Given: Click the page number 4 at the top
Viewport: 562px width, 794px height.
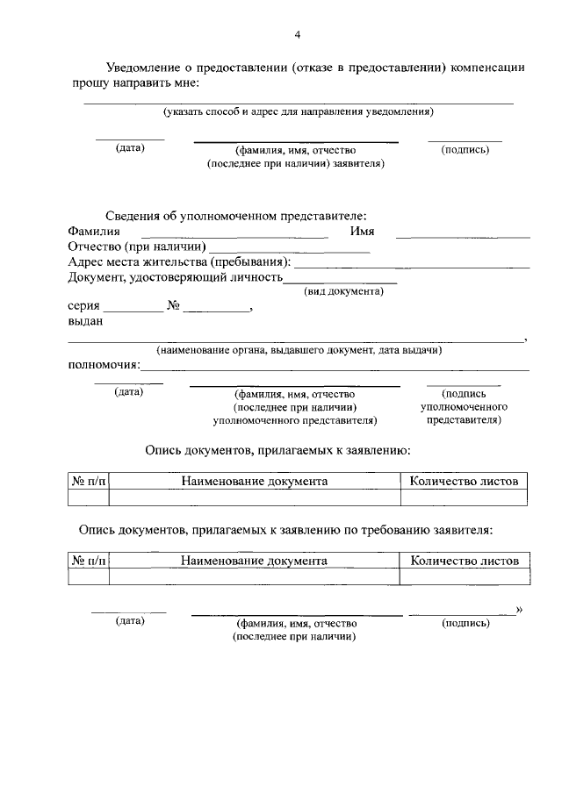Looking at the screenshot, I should [298, 34].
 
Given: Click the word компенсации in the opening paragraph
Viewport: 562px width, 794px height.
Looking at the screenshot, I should [488, 67].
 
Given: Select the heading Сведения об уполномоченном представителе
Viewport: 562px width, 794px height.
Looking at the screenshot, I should [236, 216].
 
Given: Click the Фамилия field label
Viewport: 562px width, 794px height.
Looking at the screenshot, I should [94, 232].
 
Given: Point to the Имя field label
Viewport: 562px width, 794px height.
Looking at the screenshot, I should [362, 232].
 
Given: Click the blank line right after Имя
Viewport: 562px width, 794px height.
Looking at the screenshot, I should [463, 235].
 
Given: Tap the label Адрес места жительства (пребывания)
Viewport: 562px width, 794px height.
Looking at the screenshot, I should [179, 262].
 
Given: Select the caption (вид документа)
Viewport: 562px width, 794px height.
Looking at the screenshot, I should [343, 290].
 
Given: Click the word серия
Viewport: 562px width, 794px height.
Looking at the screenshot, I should [83, 307].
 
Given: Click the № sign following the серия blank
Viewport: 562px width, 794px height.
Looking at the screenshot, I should [173, 307].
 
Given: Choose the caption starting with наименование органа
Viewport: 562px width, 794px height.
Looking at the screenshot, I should [299, 350].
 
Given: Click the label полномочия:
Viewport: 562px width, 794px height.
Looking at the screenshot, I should [104, 365].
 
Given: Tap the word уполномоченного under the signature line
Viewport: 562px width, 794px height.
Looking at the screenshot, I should [464, 407].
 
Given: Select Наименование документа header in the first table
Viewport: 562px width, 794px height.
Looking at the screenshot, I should [255, 481].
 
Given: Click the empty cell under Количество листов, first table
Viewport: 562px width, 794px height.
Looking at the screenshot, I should [464, 498].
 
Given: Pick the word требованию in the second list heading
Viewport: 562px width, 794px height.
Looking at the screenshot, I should [357, 530].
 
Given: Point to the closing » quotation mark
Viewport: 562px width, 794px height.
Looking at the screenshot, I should [519, 609].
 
